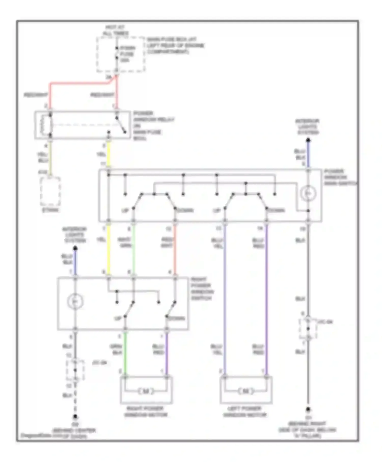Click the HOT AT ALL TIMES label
pyautogui.click(x=116, y=30)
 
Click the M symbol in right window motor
pyautogui.click(x=146, y=391)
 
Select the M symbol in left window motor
pyautogui.click(x=246, y=391)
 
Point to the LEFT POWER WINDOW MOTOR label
pyautogui.click(x=244, y=412)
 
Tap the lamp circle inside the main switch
pyautogui.click(x=308, y=193)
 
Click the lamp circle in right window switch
pyautogui.click(x=75, y=302)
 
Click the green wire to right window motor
pyautogui.click(x=125, y=354)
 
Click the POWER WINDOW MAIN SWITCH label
pyautogui.click(x=340, y=177)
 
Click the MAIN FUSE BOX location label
pyautogui.click(x=175, y=46)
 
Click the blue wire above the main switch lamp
pyautogui.click(x=308, y=154)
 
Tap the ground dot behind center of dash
pyautogui.click(x=75, y=417)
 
